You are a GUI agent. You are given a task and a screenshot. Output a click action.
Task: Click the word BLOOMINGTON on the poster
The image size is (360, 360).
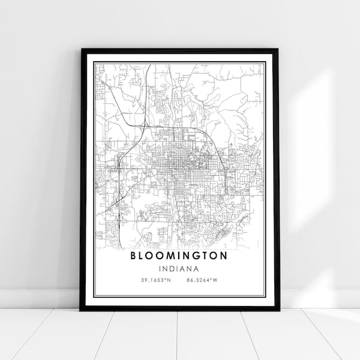tap(179, 256)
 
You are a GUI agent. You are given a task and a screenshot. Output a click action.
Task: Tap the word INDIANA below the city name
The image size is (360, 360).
tap(179, 269)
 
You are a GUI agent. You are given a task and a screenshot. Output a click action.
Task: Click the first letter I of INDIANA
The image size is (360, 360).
tap(161, 269)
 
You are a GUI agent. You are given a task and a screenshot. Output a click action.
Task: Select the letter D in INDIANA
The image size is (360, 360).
tap(173, 269)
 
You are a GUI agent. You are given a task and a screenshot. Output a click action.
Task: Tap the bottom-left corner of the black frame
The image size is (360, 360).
tap(81, 310)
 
